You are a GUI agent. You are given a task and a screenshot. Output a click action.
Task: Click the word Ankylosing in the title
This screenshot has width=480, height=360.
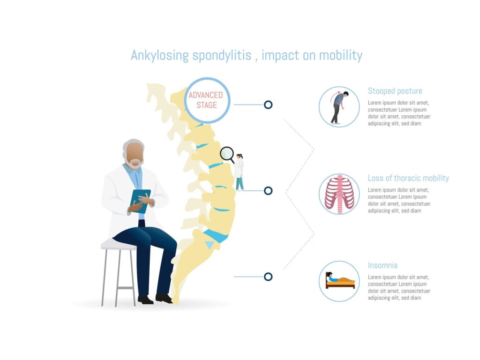[159, 56]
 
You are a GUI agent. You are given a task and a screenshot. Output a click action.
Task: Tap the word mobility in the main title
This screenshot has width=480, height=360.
[341, 55]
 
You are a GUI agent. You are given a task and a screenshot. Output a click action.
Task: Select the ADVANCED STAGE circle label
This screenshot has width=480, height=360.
[206, 100]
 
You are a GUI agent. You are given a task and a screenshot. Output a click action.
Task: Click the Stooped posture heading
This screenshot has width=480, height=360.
[395, 91]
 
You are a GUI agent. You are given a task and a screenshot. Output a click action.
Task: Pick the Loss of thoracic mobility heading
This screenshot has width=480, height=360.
[408, 178]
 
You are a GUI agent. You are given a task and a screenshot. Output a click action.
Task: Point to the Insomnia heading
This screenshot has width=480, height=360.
[382, 265]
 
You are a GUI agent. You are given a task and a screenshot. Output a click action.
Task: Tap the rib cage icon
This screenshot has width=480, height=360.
[339, 194]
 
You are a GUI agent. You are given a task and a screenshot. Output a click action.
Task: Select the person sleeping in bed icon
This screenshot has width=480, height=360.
[340, 280]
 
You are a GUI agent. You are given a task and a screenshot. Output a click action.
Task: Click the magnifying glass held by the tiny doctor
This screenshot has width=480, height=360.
[227, 154]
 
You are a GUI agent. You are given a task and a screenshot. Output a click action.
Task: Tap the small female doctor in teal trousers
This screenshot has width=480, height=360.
[239, 172]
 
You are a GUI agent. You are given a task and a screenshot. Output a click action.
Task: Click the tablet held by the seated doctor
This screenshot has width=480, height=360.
[141, 201]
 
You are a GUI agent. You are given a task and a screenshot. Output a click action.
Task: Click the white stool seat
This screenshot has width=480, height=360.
[119, 244]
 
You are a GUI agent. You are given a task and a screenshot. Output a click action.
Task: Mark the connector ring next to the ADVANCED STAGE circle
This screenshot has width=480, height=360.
[268, 105]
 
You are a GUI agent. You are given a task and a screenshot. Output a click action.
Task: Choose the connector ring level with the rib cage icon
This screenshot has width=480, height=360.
[268, 191]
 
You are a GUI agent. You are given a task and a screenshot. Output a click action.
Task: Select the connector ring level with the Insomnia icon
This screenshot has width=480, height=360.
[268, 277]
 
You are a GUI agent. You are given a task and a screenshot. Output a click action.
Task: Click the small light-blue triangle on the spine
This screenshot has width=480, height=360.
[210, 245]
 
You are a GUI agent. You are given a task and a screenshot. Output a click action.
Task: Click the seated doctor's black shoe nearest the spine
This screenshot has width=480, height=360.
[164, 298]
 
